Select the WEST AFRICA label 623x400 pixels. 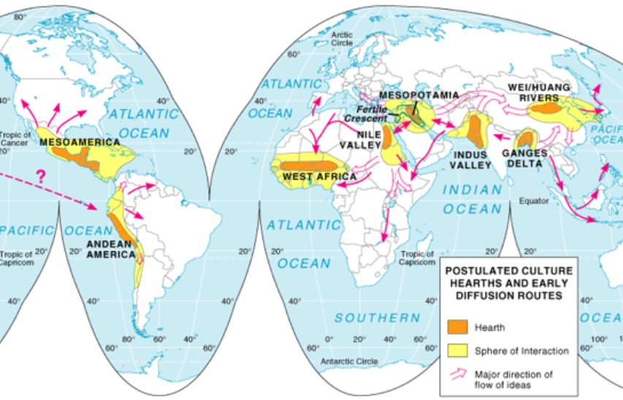point(319,177)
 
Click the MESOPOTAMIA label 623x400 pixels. point(419,96)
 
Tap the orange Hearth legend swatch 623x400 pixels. point(458,327)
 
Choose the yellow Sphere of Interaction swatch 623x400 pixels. point(458,350)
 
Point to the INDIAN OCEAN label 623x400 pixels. point(473,199)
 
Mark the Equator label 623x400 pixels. point(533,199)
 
